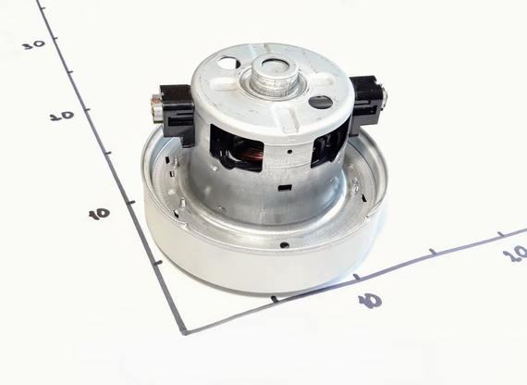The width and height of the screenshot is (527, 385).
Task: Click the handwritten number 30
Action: pos(34,44)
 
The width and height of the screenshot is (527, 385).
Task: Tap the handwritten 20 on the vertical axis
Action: pos(62,116)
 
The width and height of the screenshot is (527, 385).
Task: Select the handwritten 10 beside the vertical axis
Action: pos(100,214)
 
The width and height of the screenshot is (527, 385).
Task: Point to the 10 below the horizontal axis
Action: pos(370,301)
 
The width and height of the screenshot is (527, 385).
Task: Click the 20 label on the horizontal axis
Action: pos(515,254)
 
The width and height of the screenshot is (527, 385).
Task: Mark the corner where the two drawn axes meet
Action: pos(184,332)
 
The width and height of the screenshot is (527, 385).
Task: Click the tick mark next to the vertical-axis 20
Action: pos(87,109)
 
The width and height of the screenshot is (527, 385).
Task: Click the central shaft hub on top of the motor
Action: pos(273,75)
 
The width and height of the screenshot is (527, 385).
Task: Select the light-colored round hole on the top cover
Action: pos(228,63)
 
